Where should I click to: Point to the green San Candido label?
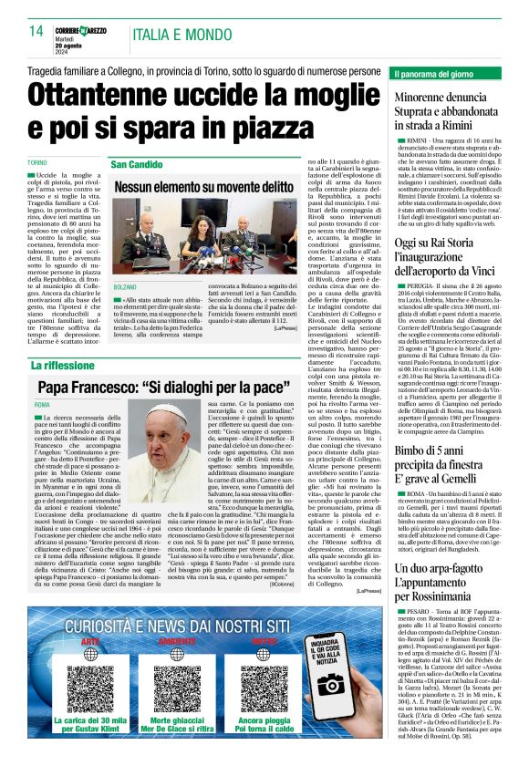[137, 164]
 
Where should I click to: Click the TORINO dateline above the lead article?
[39, 162]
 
